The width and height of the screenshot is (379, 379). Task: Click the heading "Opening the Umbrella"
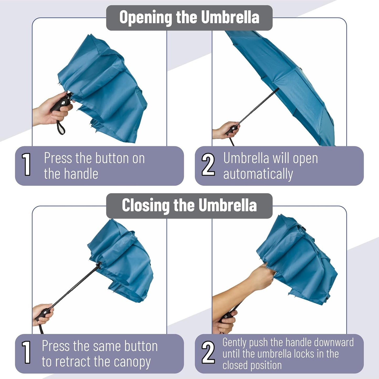[x=189, y=18]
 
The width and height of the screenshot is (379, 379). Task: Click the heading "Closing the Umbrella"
[x=189, y=205]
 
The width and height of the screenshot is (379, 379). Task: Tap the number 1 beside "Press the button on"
[x=26, y=165]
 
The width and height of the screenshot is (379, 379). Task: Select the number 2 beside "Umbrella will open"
[x=208, y=165]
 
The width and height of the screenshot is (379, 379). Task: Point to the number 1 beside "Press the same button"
[x=26, y=353]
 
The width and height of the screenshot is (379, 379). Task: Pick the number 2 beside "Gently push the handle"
[x=208, y=353]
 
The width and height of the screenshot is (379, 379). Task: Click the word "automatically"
[x=258, y=174]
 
